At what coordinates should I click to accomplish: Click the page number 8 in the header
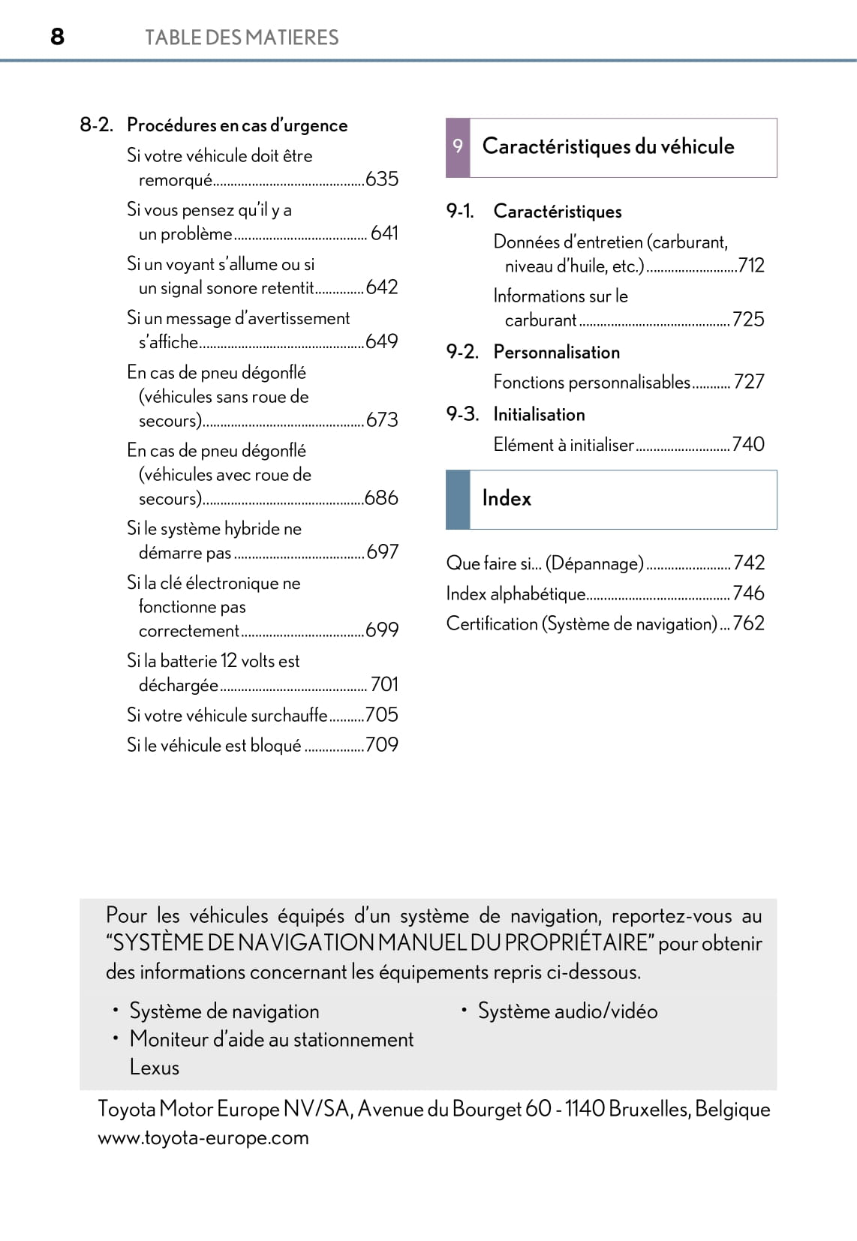point(57,36)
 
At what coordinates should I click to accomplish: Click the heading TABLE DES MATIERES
point(241,38)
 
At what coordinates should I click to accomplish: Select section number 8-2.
point(96,125)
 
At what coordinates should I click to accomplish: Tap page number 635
point(382,179)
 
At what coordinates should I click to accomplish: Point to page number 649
point(382,341)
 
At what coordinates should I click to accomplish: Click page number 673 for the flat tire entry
point(382,420)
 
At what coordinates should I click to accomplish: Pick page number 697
point(383,552)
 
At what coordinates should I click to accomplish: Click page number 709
point(382,745)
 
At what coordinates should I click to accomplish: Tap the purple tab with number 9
point(458,147)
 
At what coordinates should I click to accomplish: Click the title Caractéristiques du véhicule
point(608,146)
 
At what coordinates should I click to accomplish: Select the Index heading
point(507,498)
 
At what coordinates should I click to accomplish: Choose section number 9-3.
point(462,414)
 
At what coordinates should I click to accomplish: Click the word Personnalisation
point(556,352)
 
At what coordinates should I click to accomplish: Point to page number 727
point(749,382)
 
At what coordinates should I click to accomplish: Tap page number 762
point(749,624)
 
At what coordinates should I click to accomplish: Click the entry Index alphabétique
point(516,593)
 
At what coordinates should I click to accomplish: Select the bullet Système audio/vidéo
point(567,1011)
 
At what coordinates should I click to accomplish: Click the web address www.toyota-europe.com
point(203,1137)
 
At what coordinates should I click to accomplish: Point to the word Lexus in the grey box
point(155,1067)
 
